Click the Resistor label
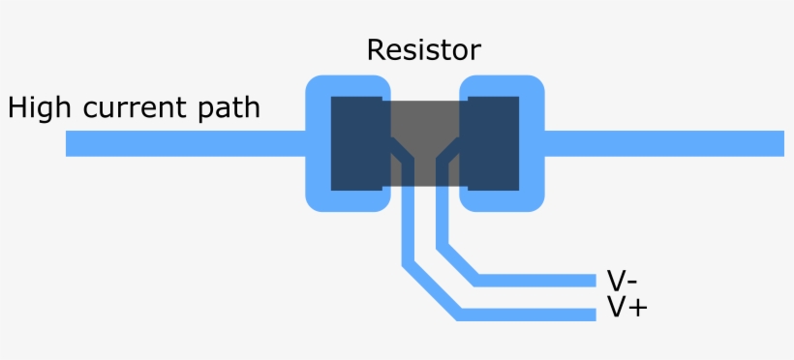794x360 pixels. pos(423,50)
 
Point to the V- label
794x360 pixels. pos(621,281)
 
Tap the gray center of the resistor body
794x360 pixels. pos(424,121)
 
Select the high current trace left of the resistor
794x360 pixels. pos(184,143)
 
